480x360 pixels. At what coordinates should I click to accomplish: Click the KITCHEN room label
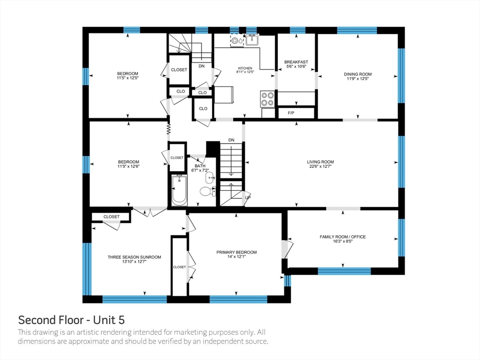[245, 68]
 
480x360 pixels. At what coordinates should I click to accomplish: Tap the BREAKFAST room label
[296, 62]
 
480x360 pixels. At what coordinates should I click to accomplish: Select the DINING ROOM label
[358, 74]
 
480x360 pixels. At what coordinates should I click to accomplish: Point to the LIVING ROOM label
[321, 162]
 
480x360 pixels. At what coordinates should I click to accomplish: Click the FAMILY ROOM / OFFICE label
[343, 237]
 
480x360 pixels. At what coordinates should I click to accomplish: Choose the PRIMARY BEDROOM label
[236, 252]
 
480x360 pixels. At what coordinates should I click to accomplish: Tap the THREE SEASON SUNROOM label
[135, 257]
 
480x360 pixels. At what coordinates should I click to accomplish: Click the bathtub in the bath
[179, 190]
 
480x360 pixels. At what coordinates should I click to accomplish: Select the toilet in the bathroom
[207, 191]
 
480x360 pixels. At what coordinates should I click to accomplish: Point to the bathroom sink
[210, 177]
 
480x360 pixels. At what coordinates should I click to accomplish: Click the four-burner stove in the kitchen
[267, 99]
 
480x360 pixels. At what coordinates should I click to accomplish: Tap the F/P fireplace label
[291, 113]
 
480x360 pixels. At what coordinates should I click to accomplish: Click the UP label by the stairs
[247, 197]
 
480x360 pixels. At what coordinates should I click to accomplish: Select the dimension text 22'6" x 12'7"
[321, 166]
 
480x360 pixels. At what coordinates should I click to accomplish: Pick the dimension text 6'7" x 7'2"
[200, 170]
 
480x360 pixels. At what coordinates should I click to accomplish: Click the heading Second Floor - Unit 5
[71, 320]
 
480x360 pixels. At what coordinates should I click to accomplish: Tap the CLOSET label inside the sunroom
[112, 217]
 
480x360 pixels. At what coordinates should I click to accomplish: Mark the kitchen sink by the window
[252, 40]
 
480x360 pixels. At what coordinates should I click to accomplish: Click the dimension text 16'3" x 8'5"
[343, 241]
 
